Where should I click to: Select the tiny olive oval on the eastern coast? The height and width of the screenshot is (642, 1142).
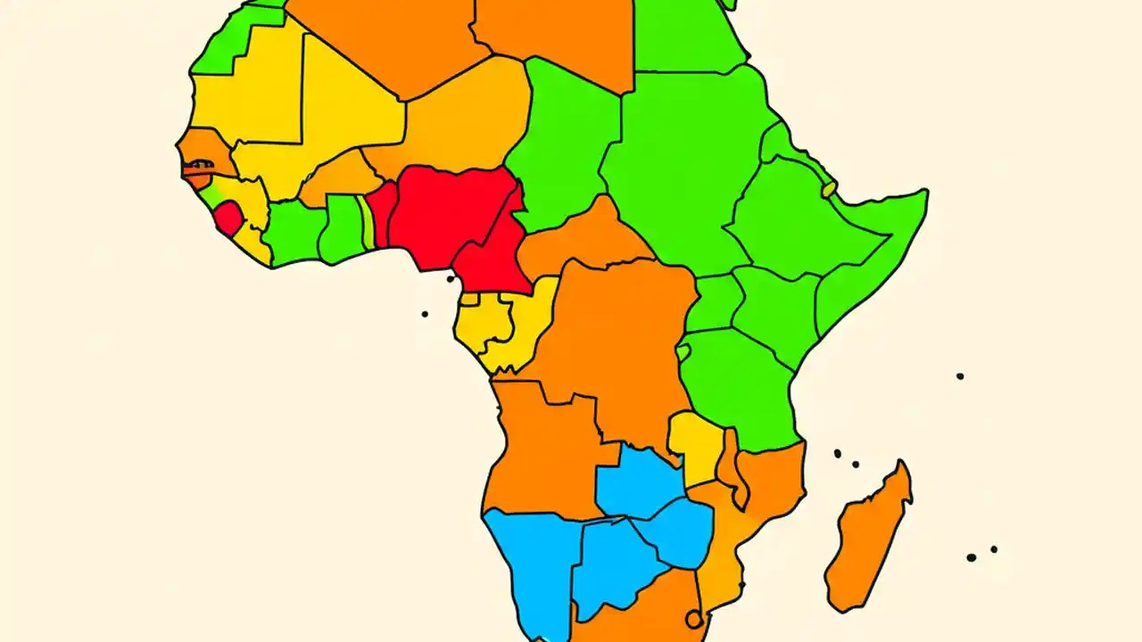[830, 189]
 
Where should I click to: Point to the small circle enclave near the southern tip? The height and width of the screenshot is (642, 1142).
[693, 619]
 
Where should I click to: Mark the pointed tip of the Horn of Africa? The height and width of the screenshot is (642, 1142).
[924, 193]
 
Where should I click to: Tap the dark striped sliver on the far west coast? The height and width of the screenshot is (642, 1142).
[198, 166]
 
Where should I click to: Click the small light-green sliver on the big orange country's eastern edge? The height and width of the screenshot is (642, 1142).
[683, 352]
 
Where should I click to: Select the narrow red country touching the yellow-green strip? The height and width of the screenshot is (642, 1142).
[382, 214]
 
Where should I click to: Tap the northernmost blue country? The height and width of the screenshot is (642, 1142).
[638, 481]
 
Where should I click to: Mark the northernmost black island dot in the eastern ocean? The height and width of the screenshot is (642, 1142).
[960, 376]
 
